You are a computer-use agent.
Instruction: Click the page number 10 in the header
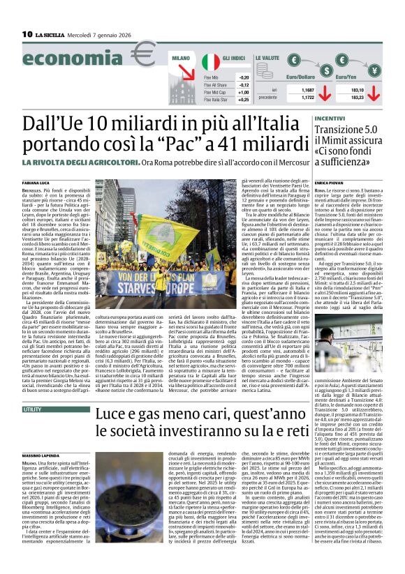pyautogui.click(x=27, y=33)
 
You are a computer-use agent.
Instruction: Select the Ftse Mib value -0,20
pyautogui.click(x=244, y=77)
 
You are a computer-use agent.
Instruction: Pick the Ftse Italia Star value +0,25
pyautogui.click(x=243, y=100)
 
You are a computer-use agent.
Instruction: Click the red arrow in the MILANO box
pyautogui.click(x=184, y=72)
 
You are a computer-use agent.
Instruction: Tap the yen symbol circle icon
pyautogui.click(x=366, y=64)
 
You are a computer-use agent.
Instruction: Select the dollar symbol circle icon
pyautogui.click(x=308, y=63)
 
